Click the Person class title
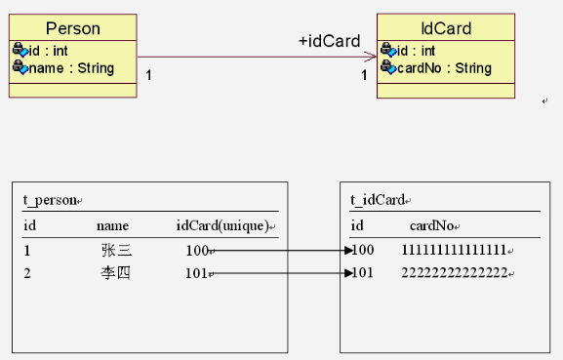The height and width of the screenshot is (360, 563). point(73,28)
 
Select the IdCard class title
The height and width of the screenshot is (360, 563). point(446,28)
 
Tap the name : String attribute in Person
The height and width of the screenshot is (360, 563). point(71,68)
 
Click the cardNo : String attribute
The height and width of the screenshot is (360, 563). point(444,68)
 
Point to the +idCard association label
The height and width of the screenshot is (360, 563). point(329,41)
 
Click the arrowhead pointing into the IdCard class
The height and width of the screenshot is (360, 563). point(370,57)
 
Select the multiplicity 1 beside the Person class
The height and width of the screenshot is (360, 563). point(148,75)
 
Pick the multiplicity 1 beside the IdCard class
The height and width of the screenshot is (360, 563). point(364,75)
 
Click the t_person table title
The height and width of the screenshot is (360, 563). point(50,200)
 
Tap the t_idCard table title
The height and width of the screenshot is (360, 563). point(378,200)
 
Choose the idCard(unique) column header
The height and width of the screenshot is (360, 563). point(222,225)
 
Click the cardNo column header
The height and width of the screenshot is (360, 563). point(431,225)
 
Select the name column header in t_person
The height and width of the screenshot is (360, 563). point(112,226)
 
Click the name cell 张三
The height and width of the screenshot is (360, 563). point(116,250)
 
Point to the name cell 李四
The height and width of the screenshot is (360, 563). point(115,273)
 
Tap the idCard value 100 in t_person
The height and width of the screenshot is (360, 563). point(197,251)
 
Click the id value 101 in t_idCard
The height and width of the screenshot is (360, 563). point(362,273)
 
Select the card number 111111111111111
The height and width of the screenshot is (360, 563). point(454,250)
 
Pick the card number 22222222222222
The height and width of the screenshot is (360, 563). point(455,273)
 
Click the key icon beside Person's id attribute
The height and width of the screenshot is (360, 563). point(20,50)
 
